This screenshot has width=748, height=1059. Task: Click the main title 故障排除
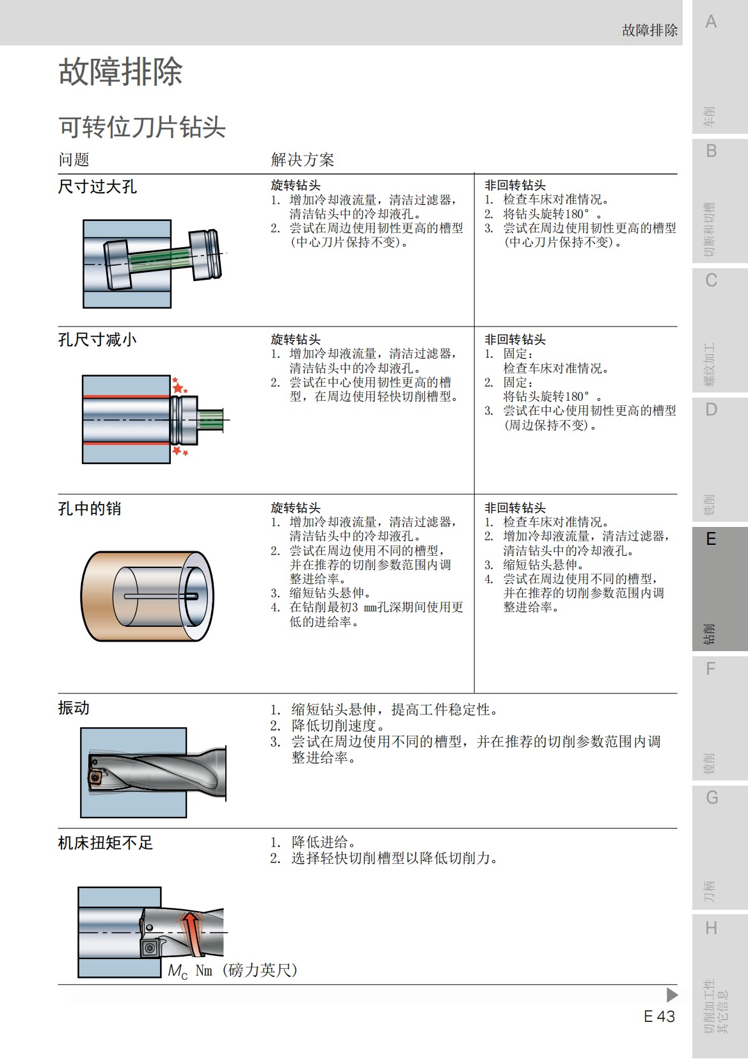(x=120, y=71)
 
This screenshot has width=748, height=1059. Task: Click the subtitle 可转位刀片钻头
(x=142, y=127)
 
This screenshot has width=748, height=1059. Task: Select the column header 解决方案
(x=302, y=159)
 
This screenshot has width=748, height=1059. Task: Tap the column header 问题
(x=74, y=159)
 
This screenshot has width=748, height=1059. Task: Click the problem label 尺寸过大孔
(x=97, y=186)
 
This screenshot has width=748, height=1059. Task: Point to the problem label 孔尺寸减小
(x=97, y=339)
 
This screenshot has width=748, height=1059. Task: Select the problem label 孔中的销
(x=90, y=508)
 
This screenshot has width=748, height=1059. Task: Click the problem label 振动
(x=74, y=707)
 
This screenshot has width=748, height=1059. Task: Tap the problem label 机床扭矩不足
(x=106, y=843)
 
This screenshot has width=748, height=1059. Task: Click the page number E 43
(x=659, y=1016)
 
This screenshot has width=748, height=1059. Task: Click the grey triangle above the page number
(x=671, y=994)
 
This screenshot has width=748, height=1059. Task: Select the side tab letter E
(x=711, y=539)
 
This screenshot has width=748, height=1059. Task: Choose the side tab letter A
(x=711, y=22)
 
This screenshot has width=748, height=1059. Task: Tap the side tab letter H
(x=711, y=928)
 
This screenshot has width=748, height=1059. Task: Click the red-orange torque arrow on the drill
(x=191, y=932)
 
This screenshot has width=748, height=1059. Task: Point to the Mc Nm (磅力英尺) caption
(x=232, y=971)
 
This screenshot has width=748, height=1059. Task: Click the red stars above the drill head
(x=179, y=386)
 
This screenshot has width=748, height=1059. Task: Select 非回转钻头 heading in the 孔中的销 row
(x=514, y=508)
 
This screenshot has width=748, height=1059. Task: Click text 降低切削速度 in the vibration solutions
(x=337, y=725)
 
